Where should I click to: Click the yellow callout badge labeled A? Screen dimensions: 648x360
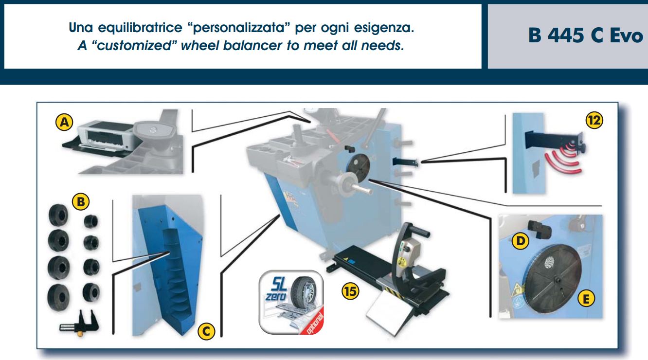click(64, 122)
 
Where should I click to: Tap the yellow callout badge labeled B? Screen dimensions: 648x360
click(81, 201)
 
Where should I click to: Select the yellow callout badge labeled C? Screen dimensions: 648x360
click(206, 331)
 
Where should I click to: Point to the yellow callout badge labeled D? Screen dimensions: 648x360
click(521, 241)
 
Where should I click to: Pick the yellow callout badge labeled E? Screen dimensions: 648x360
click(586, 299)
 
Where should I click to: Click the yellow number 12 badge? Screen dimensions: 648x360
click(594, 120)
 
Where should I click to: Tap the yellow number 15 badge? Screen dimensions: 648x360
click(350, 291)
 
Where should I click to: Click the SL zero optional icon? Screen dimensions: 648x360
click(291, 302)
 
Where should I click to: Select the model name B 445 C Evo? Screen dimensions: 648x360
click(586, 36)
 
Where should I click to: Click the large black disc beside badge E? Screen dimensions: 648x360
click(553, 278)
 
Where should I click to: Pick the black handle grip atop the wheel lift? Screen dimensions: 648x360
click(418, 230)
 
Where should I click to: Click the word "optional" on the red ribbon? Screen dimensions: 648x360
click(314, 323)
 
